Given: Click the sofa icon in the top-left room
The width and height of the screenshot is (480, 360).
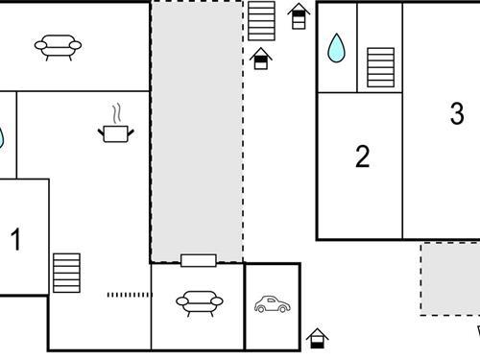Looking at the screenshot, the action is point(58,47).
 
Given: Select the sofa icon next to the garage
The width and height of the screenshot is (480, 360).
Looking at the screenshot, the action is point(200,303).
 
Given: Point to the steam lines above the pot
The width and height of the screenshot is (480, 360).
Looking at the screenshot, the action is point(117,113).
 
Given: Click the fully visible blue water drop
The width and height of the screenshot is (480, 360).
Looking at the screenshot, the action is point(336,48).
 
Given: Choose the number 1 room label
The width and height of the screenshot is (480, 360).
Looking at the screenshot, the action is point(15,239).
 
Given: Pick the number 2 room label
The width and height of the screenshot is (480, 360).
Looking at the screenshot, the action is point(363,156).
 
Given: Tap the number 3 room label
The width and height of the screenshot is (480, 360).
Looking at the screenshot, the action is point(457,113).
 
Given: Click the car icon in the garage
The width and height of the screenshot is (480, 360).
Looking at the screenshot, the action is point(273,304).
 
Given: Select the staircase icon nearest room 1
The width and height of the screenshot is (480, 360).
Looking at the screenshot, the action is point(66,273).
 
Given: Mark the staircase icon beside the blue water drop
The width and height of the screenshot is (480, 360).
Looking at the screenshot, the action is point(380,67).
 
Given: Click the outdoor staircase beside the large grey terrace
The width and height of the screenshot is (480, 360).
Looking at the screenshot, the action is point(261,21).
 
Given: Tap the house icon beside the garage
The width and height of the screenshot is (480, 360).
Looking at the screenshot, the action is point(317,339).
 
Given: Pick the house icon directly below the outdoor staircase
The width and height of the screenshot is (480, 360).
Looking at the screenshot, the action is point(261,59).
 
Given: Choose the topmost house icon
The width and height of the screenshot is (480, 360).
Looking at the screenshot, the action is point(299,16).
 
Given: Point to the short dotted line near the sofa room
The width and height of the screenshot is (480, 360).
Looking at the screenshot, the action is point(128,295).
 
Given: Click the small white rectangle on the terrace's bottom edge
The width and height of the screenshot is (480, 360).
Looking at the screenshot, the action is point(199,260).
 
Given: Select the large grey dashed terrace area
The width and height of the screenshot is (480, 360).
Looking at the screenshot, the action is point(197,132).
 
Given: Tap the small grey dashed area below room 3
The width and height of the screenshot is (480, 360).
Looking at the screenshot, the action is point(450,279).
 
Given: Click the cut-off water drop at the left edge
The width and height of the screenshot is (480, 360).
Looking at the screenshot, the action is point(1,138).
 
